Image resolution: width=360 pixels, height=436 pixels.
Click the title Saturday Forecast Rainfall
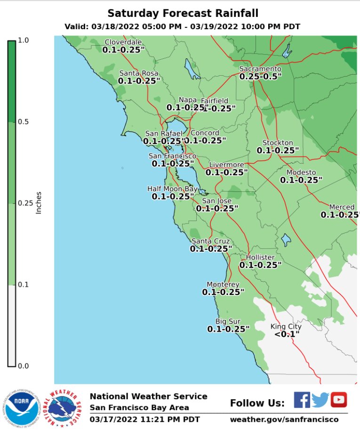tap(183, 13)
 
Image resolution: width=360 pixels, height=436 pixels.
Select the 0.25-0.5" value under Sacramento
tap(260, 76)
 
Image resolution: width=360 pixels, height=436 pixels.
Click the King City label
tap(286, 326)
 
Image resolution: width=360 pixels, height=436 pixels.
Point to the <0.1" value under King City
tap(287, 334)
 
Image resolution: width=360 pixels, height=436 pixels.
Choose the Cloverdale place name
tap(123, 42)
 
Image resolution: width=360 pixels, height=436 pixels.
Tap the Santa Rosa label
tap(139, 73)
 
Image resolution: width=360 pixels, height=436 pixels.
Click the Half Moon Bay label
tap(173, 189)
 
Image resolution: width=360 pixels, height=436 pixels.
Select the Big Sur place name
tap(228, 321)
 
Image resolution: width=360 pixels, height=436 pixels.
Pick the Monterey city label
tap(223, 285)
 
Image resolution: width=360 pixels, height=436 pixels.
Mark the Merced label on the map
tap(342, 207)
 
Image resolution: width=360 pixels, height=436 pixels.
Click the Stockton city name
tap(278, 143)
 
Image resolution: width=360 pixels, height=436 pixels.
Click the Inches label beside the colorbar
tap(39, 202)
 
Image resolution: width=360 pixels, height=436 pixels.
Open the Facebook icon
tap(302, 400)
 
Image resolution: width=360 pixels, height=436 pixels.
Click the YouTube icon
tap(338, 400)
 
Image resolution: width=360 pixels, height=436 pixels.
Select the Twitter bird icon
tap(320, 400)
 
